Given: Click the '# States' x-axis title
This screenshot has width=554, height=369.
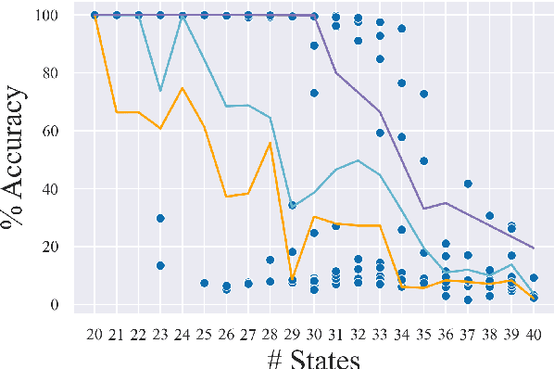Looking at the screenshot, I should pyautogui.click(x=308, y=356).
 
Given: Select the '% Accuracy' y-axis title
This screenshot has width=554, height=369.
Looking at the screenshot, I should pyautogui.click(x=20, y=159).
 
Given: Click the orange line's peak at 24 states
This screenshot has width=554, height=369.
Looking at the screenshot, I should pyautogui.click(x=183, y=88).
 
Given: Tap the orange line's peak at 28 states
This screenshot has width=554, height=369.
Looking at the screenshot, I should pyautogui.click(x=271, y=143).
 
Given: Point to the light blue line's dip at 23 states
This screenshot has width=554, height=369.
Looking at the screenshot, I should pyautogui.click(x=160, y=91).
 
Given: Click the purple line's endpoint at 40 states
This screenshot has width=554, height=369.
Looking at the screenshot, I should pyautogui.click(x=535, y=248).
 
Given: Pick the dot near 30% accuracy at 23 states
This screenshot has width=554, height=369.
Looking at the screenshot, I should pyautogui.click(x=160, y=218).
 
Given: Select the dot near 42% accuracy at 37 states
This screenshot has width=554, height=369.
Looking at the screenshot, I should pyautogui.click(x=469, y=184).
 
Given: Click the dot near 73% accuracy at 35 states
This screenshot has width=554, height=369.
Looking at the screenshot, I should pyautogui.click(x=424, y=95).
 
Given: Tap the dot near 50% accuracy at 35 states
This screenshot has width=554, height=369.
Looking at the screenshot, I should pyautogui.click(x=424, y=161).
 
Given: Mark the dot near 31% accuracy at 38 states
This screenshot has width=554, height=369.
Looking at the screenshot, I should pyautogui.click(x=490, y=216).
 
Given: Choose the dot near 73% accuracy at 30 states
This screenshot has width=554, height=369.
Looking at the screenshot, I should pyautogui.click(x=314, y=94).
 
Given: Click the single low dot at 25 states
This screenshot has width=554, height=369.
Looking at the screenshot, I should pyautogui.click(x=205, y=283).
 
